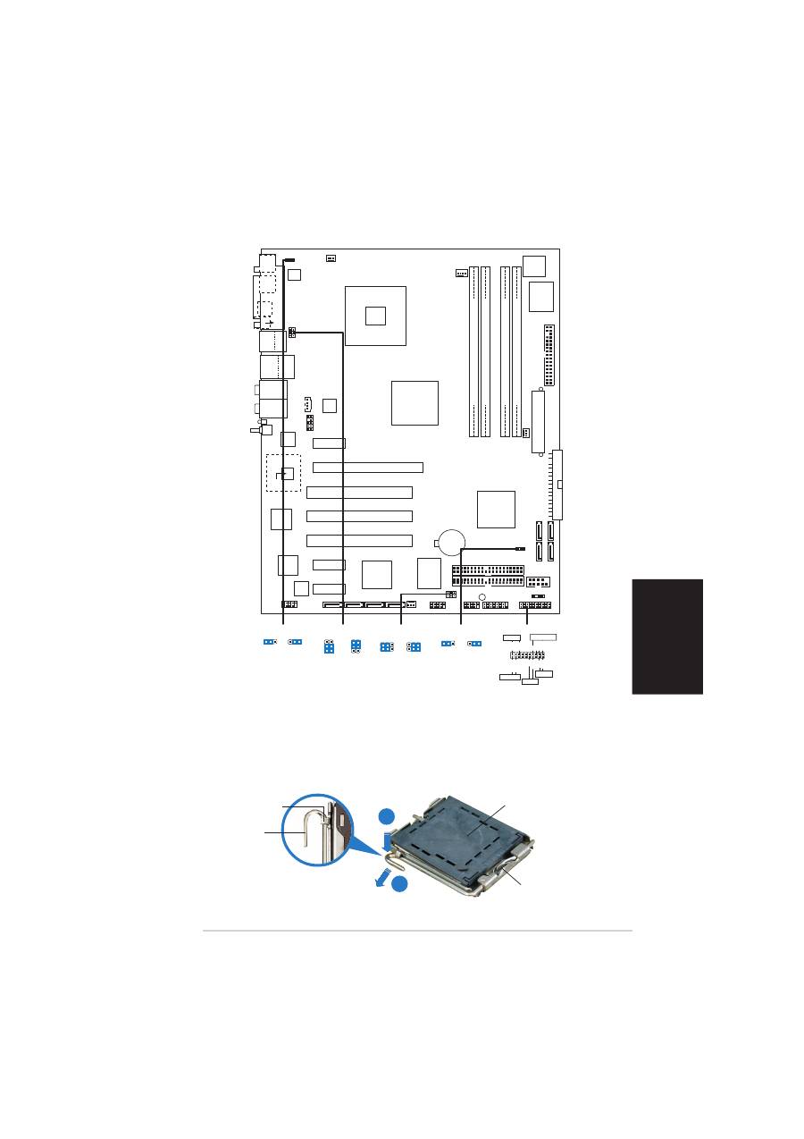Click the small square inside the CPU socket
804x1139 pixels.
coord(376,315)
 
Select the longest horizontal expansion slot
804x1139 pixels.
coord(368,467)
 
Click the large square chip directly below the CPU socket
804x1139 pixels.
coord(415,402)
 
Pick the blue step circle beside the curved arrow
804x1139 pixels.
coord(400,884)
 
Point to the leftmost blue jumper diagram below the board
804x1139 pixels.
coord(270,642)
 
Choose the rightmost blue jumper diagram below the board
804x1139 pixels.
coord(475,643)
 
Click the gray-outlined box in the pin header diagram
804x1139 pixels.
coord(543,637)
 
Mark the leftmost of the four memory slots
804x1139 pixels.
coord(475,352)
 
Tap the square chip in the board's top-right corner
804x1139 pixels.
coord(534,265)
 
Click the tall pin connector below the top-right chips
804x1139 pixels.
coord(549,356)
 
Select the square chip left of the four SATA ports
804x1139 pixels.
coord(496,509)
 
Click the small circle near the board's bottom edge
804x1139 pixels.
coord(482,597)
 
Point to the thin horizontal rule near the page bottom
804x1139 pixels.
coord(417,932)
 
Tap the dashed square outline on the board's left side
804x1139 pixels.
coord(283,473)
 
